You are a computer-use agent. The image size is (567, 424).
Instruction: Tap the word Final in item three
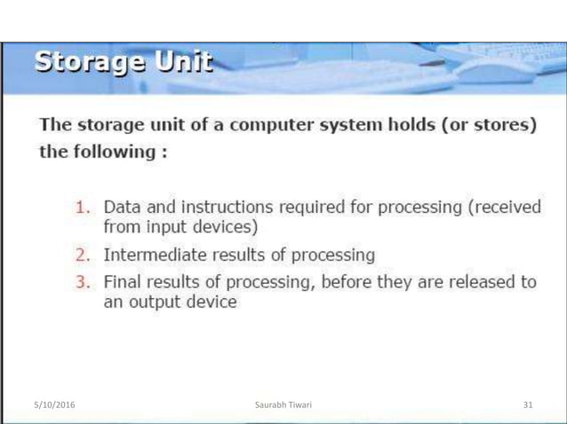(123, 283)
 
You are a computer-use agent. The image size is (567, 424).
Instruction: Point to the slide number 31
(528, 405)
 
